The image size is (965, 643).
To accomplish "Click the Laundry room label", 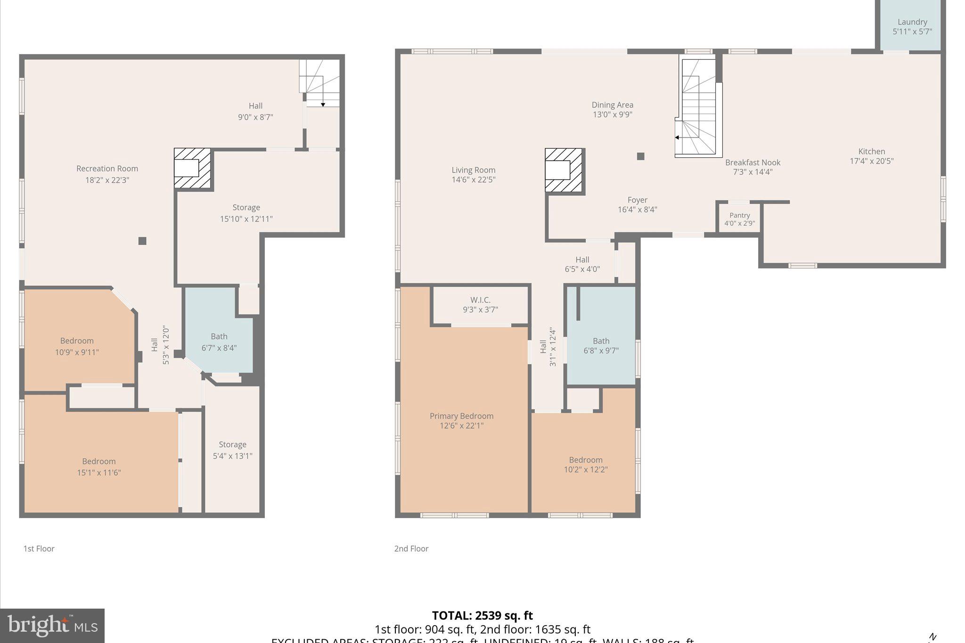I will tap(912, 22).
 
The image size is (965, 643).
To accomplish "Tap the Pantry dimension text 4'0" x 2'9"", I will tap(739, 224).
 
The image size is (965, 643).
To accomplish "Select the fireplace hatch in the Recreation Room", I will tap(192, 168).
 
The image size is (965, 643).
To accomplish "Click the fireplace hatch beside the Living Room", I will tap(564, 170).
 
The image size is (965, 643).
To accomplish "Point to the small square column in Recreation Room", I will tap(142, 241).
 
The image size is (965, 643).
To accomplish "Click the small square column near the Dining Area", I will tap(640, 156).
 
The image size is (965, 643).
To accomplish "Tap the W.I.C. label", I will tap(480, 300).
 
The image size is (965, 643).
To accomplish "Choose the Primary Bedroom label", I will tap(461, 416).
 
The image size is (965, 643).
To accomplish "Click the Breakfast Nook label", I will tap(752, 163).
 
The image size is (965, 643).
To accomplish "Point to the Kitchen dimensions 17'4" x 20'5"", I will tap(871, 161).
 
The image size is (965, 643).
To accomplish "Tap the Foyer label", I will tap(637, 200).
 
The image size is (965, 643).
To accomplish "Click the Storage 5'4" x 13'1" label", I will tap(232, 450).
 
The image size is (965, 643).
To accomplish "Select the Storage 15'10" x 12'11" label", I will tap(246, 213).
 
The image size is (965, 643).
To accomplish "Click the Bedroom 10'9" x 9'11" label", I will tap(77, 346).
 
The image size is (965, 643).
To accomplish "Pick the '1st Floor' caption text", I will tap(39, 549).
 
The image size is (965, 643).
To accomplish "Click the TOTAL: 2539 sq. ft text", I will tap(482, 616).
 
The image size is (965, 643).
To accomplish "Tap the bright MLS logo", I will tap(52, 626).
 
